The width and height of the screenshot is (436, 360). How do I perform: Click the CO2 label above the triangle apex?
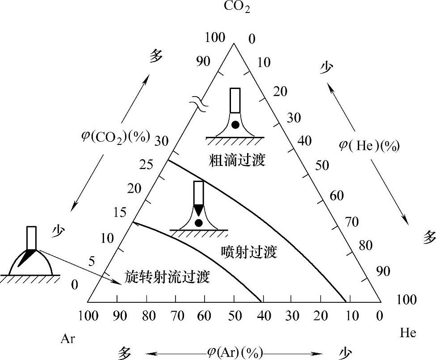(x=237, y=7)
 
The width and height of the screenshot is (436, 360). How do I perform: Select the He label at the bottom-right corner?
(x=407, y=333)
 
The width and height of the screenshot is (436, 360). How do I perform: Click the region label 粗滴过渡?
(x=237, y=160)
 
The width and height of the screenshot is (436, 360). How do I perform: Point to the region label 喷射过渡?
(x=249, y=252)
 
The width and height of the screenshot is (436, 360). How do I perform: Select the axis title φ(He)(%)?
(x=369, y=145)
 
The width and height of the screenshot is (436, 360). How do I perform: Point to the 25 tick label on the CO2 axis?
(x=146, y=165)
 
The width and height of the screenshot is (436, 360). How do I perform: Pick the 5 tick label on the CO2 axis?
(x=92, y=262)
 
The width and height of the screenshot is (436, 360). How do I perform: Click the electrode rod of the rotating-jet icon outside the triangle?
(x=31, y=237)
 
